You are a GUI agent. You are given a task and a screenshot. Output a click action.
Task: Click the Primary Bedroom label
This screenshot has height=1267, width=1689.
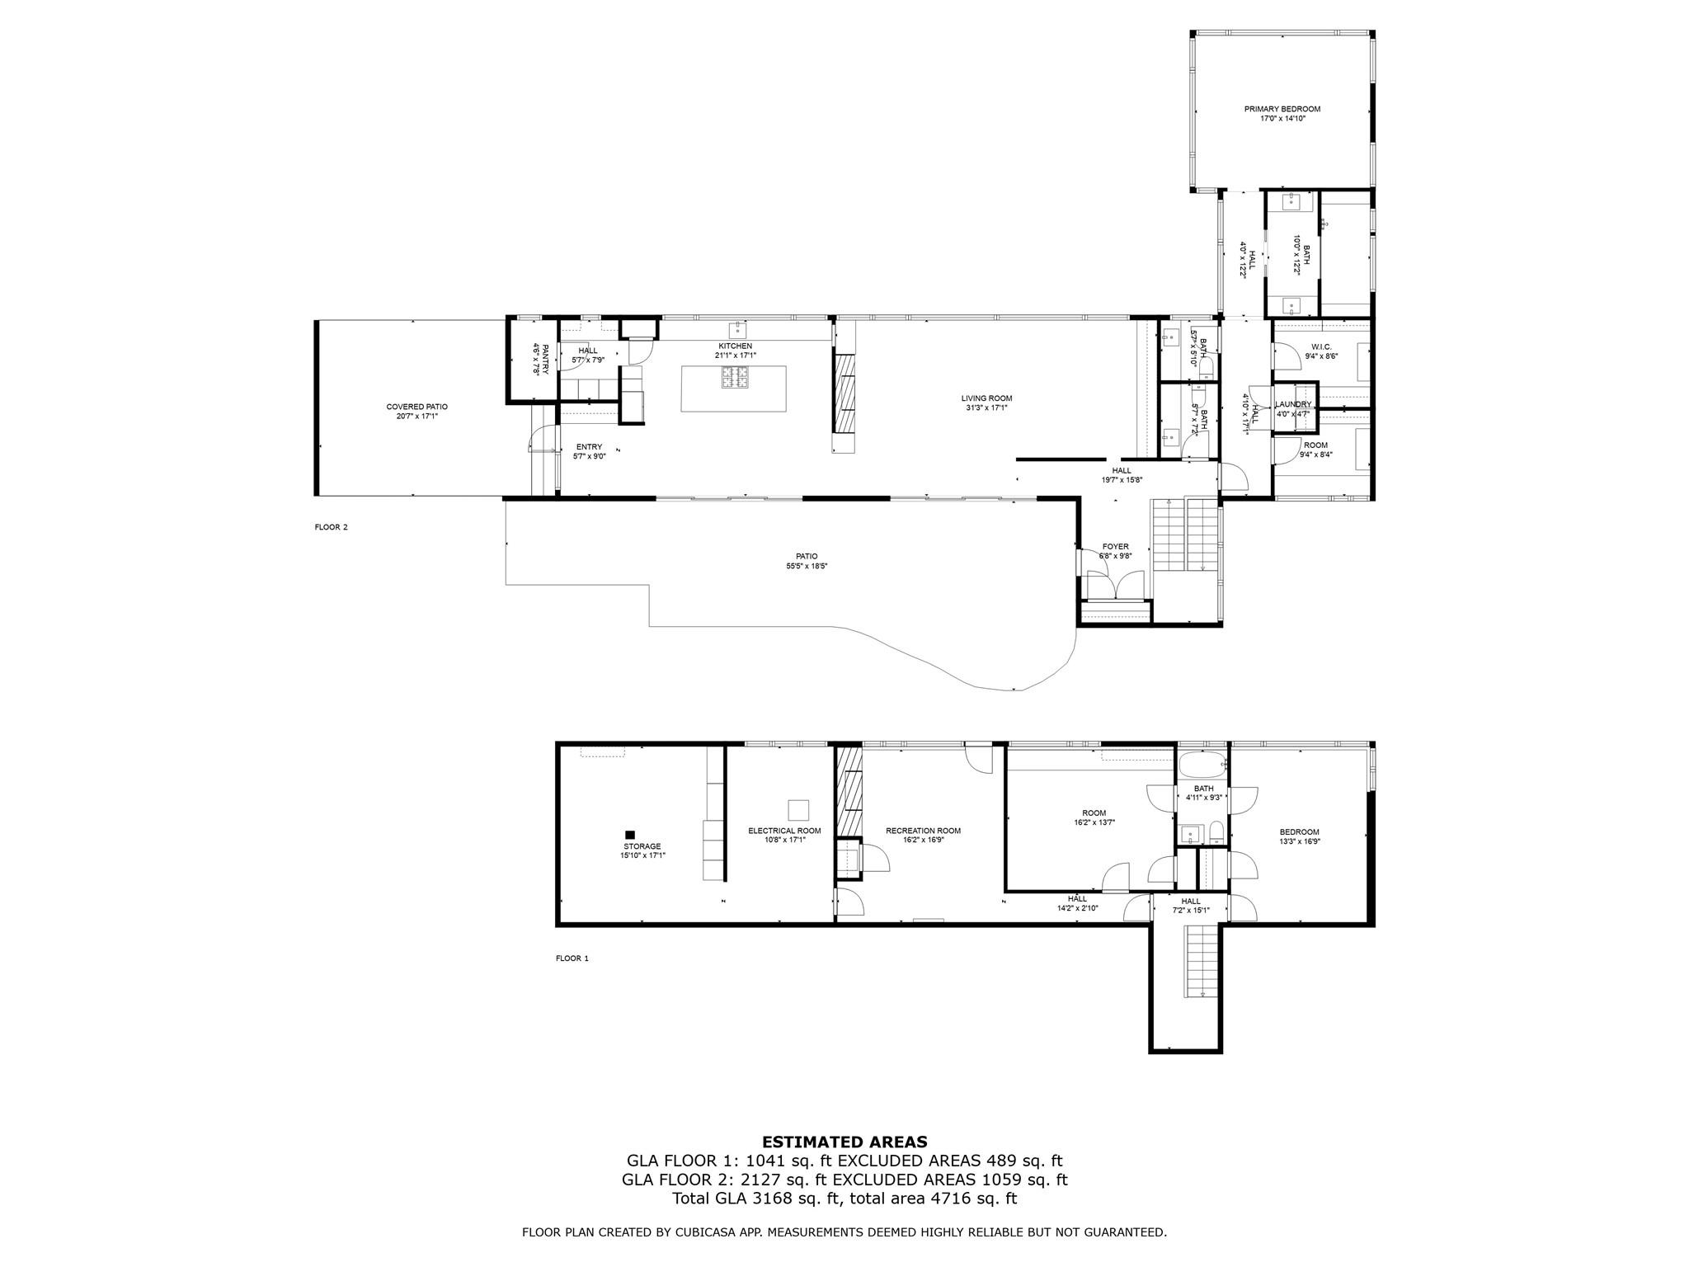click(x=1282, y=109)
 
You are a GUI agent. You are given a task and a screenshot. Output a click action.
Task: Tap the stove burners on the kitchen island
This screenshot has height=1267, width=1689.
click(x=735, y=377)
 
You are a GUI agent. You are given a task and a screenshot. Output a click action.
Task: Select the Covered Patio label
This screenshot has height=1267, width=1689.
click(x=416, y=407)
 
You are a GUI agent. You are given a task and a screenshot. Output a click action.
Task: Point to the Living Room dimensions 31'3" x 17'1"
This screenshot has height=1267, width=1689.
click(x=986, y=407)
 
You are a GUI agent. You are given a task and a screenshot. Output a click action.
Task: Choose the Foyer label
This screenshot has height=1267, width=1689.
click(x=1115, y=547)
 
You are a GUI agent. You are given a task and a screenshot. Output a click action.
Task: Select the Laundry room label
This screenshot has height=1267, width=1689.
click(x=1292, y=404)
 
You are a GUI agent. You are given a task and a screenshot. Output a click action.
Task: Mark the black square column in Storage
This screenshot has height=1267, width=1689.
click(x=630, y=834)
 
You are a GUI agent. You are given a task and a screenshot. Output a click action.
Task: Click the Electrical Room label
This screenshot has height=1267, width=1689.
click(x=784, y=831)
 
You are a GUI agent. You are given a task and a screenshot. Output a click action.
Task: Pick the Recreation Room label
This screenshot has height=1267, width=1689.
click(x=923, y=831)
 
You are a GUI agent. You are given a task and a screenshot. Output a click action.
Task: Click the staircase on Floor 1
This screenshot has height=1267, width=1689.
click(x=1201, y=961)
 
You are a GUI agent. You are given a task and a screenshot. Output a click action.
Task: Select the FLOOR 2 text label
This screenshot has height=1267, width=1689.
click(x=331, y=527)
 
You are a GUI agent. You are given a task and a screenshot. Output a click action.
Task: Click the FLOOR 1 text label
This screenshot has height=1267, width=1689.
click(x=572, y=958)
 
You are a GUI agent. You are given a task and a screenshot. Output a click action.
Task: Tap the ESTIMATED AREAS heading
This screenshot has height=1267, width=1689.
click(x=844, y=1142)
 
